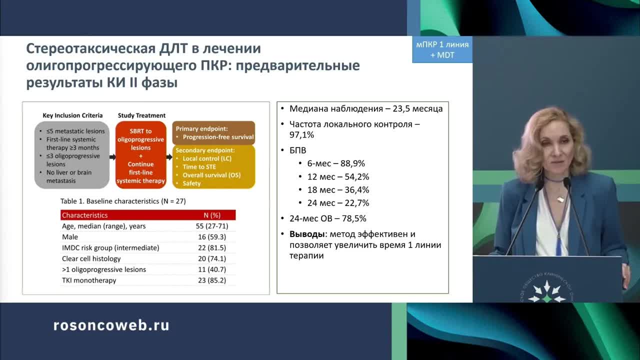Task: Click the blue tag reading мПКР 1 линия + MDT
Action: point(442,49)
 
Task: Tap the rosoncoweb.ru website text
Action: point(111,325)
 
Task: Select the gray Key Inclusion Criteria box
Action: point(71,155)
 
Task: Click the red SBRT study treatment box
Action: point(140,155)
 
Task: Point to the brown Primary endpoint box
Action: point(213,132)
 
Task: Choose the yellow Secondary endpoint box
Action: point(213,166)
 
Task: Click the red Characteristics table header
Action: point(148,215)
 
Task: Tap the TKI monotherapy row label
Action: point(89,280)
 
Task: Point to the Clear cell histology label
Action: point(91,258)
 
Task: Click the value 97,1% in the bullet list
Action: point(302,135)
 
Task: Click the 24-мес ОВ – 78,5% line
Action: point(327,218)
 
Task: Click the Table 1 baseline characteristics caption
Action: point(123,201)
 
